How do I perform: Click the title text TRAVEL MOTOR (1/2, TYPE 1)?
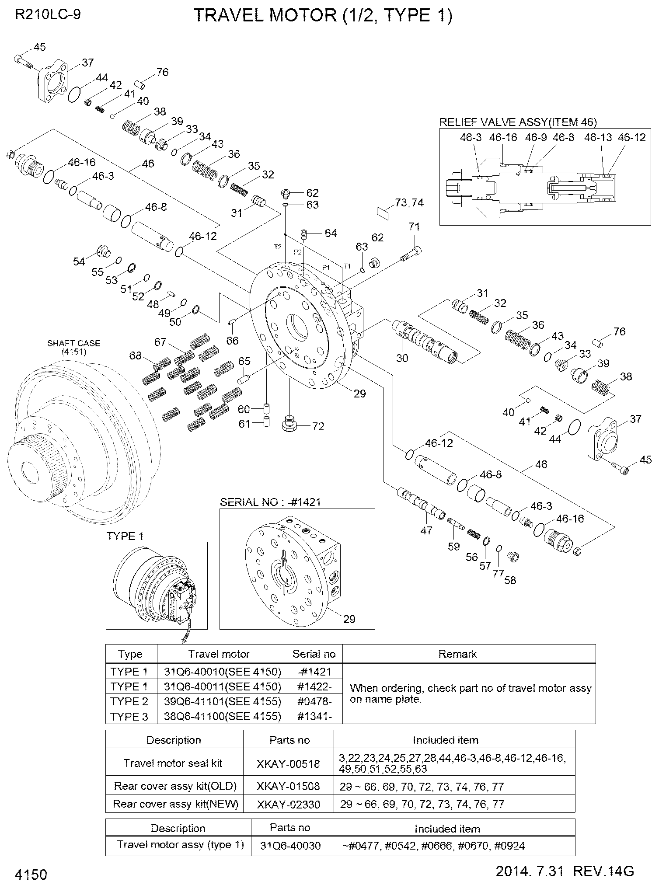point(323,16)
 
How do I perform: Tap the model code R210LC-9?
point(48,14)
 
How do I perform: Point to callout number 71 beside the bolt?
point(414,227)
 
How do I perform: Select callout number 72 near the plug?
point(318,426)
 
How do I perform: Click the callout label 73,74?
point(409,203)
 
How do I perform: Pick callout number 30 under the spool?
point(402,358)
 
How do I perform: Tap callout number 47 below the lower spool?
point(426,530)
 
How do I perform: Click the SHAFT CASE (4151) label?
point(73,347)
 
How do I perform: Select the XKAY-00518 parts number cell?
point(288,764)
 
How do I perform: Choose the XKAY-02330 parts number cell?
point(288,804)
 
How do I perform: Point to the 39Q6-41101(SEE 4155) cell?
point(222,701)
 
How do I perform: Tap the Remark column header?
point(457,654)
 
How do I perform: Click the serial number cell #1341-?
point(314,717)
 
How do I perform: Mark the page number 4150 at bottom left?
point(31,875)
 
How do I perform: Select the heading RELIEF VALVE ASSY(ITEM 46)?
point(518,122)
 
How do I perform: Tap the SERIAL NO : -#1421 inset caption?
point(270,502)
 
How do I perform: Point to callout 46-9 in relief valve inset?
point(536,138)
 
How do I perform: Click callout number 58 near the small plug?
point(510,580)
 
